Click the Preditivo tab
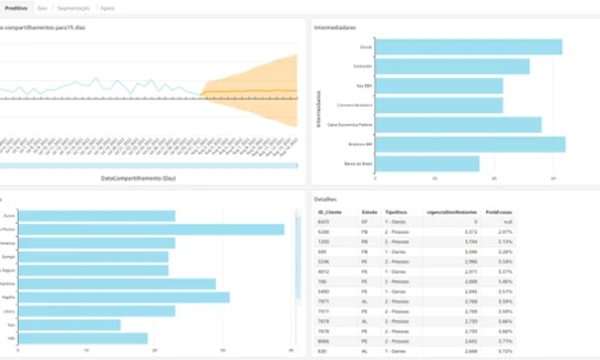pyautogui.click(x=16, y=8)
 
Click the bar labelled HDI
pyautogui.click(x=83, y=338)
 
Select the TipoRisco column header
pyautogui.click(x=397, y=213)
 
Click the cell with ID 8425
pyautogui.click(x=323, y=222)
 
